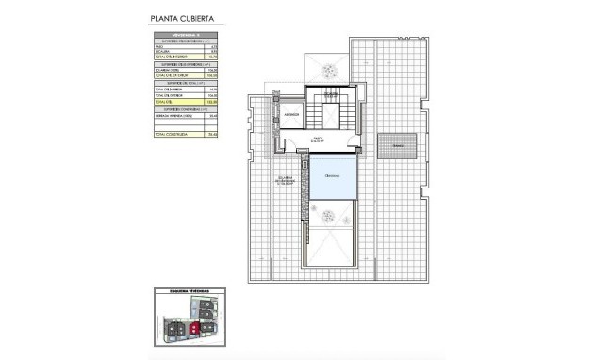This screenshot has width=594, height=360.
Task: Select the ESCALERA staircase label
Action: (330, 95)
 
